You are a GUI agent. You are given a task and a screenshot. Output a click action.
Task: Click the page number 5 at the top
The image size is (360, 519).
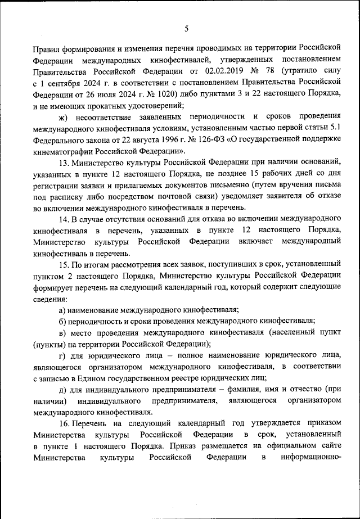pyautogui.click(x=186, y=29)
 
